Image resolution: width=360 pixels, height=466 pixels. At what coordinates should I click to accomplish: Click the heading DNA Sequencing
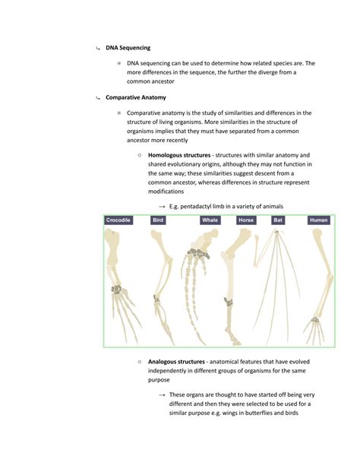128,48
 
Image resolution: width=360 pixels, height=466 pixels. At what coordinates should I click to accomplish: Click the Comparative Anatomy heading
136,98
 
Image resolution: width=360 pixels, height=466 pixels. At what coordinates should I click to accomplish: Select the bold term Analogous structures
177,361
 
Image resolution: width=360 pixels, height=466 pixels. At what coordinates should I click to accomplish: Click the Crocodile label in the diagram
118,220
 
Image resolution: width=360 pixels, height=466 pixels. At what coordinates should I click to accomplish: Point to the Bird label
158,220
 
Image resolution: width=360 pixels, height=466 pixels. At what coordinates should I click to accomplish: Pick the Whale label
210,220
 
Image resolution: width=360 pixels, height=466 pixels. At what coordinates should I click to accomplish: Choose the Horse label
245,220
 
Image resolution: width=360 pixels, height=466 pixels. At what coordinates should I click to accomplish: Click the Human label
318,220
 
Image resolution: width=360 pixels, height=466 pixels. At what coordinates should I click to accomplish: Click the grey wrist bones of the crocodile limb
116,290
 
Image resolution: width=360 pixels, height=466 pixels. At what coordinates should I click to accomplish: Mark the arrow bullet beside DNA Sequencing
97,49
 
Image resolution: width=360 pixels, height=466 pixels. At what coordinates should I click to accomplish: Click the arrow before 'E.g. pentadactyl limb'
162,207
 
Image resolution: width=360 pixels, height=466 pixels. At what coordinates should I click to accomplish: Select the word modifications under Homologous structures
171,192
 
